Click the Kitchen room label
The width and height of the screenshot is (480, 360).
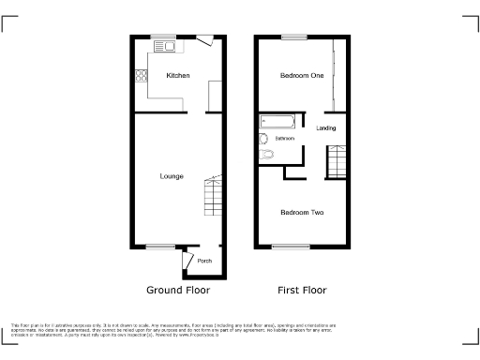pos(178,75)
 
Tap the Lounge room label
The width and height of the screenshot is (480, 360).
pos(172,176)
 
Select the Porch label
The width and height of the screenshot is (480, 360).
pos(204,261)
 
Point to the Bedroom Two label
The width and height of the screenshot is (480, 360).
pos(302,212)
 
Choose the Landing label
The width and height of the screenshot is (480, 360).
pos(326,127)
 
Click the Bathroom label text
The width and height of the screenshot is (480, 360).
pos(285,139)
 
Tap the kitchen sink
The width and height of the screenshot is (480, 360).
pos(166,45)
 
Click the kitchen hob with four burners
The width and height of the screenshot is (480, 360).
pos(142,75)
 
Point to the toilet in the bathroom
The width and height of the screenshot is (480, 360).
pos(266,155)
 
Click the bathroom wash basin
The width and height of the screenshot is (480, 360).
pos(263,139)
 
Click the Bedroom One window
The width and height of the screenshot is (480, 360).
pos(293,37)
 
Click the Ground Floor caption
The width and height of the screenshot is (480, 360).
pos(178,291)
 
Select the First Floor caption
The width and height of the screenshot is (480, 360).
pos(303,291)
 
